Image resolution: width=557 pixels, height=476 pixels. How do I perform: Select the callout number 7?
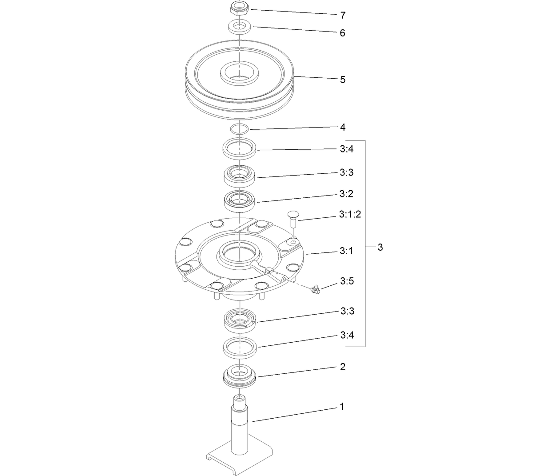pos(342,16)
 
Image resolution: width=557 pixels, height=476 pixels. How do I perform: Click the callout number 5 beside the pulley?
pos(342,80)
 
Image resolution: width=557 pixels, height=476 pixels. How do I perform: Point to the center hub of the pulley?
pos(239,73)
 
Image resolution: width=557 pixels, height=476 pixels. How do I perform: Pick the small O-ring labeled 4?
pos(239,129)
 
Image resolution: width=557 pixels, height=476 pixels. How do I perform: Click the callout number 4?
pos(342,127)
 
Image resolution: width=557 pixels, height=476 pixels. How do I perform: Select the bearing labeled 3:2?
pos(240,201)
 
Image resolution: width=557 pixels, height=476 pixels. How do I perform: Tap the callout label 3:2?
pos(346,194)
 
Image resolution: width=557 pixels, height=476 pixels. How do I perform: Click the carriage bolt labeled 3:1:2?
pos(293,219)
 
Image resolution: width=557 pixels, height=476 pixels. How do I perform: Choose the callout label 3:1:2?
pos(350,215)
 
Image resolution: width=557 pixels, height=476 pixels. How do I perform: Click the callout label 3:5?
pos(347,281)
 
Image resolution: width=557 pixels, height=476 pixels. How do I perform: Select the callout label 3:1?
pos(346,251)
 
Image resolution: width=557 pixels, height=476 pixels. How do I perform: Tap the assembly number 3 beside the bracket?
pos(380,247)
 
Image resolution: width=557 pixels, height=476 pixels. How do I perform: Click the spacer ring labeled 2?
pos(240,376)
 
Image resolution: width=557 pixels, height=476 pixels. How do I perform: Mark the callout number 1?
pos(341,406)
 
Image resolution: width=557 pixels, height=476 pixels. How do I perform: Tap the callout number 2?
pos(342,367)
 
